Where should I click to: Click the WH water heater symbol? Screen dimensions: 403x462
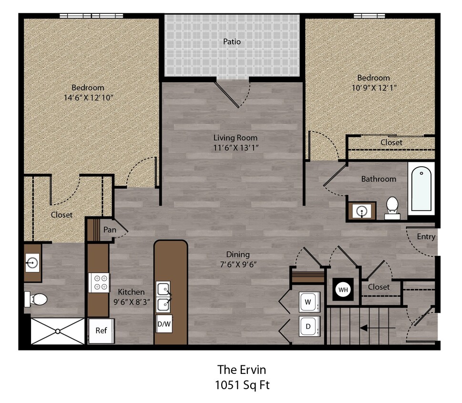pyautogui.click(x=343, y=289)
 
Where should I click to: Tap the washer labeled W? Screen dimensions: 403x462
pyautogui.click(x=308, y=302)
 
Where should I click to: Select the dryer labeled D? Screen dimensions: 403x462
pyautogui.click(x=308, y=326)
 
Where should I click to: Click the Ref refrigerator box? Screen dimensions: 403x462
pyautogui.click(x=101, y=330)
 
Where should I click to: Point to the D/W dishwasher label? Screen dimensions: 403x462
pyautogui.click(x=164, y=324)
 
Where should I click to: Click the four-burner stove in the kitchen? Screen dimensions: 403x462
pyautogui.click(x=100, y=282)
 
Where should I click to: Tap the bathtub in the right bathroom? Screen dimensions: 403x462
pyautogui.click(x=421, y=189)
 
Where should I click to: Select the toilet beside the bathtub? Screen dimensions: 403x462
pyautogui.click(x=392, y=207)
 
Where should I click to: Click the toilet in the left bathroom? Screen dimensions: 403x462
pyautogui.click(x=36, y=299)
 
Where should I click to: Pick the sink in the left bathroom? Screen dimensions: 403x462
pyautogui.click(x=32, y=262)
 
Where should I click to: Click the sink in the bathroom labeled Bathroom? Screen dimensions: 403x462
pyautogui.click(x=361, y=210)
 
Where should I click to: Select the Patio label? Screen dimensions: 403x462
pyautogui.click(x=232, y=42)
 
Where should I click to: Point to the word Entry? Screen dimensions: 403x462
pyautogui.click(x=426, y=236)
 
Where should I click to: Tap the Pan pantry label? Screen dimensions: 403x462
pyautogui.click(x=110, y=230)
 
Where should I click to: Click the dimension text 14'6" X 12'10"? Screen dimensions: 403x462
pyautogui.click(x=88, y=97)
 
